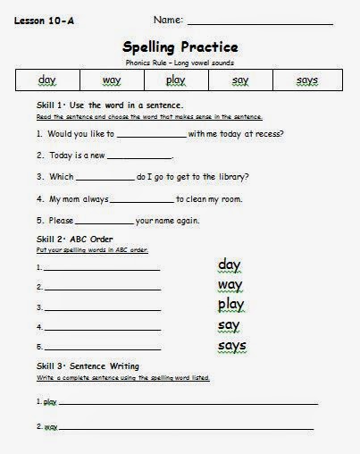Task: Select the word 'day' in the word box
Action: (47, 80)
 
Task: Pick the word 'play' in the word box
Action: (175, 80)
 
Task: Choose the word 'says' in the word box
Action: (306, 80)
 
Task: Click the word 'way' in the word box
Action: (112, 80)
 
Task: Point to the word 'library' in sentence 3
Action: (225, 178)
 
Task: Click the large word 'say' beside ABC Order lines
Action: (229, 325)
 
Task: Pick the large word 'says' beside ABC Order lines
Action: (231, 346)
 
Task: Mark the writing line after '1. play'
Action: (188, 403)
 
